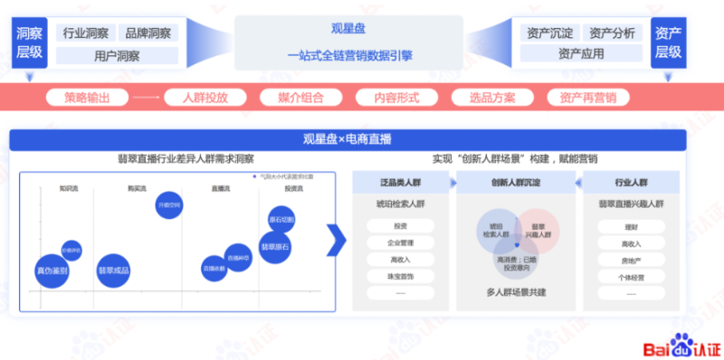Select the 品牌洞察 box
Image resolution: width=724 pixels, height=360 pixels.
(x=148, y=33)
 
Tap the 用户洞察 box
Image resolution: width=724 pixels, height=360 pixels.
(x=117, y=55)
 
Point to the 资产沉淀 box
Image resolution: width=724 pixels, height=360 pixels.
(x=549, y=33)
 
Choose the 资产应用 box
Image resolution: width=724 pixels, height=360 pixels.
(x=580, y=55)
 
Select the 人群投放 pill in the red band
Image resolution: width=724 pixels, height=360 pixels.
(x=205, y=97)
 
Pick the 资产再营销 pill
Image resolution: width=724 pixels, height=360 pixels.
(x=587, y=97)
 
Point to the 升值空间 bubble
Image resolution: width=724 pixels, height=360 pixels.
(x=169, y=206)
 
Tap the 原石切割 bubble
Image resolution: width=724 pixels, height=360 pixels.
(x=281, y=220)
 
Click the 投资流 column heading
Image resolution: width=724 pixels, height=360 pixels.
(x=293, y=189)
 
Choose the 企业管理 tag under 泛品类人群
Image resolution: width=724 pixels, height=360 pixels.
(x=400, y=242)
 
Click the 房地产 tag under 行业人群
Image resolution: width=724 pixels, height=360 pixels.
(x=632, y=260)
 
